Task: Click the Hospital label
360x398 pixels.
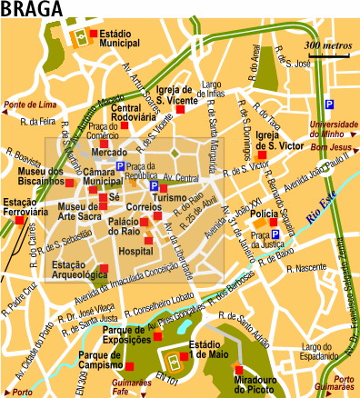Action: coord(136,250)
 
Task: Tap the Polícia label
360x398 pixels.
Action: coord(264,214)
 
